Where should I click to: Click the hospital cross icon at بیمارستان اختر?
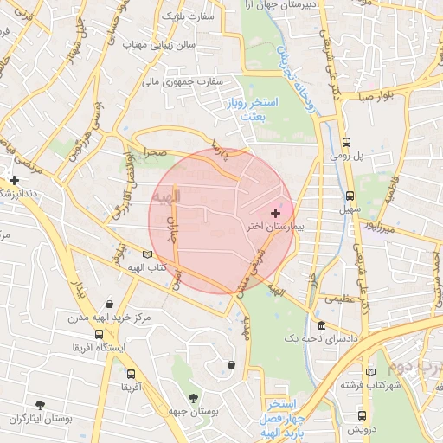[276, 213]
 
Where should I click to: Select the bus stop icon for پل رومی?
[346, 142]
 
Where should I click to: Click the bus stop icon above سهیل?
[350, 196]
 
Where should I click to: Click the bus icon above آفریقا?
[131, 375]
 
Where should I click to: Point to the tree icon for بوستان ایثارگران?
[40, 405]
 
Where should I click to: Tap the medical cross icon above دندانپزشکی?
[14, 181]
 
